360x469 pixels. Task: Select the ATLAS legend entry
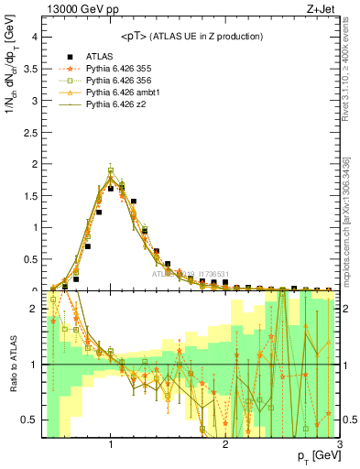tap(101, 55)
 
